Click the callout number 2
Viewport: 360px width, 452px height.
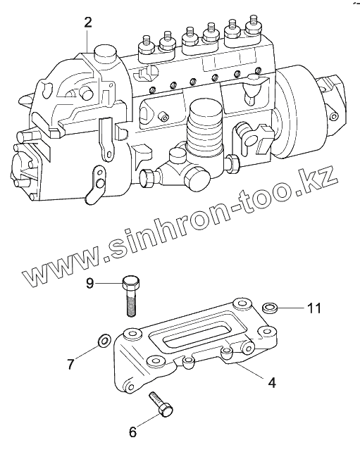tap(88, 23)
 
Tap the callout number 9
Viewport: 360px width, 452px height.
tap(90, 283)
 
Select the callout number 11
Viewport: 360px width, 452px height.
tap(314, 308)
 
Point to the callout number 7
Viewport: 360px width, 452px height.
tap(71, 364)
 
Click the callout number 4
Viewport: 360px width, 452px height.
tap(272, 382)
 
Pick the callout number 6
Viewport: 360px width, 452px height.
tap(132, 432)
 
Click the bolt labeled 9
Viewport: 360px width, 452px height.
tap(131, 296)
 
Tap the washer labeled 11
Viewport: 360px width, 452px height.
tap(270, 308)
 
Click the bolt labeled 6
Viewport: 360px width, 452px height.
tap(161, 405)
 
